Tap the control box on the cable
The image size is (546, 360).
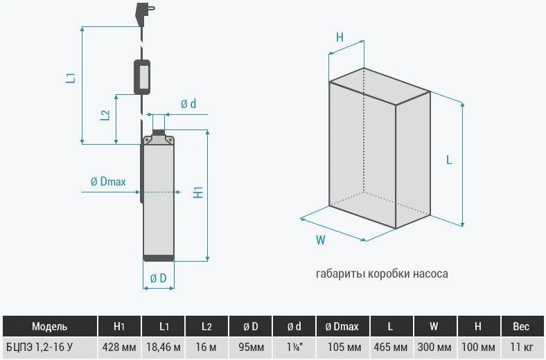(144, 76)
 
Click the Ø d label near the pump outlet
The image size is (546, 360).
(188, 104)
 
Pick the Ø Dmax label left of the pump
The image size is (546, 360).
(107, 181)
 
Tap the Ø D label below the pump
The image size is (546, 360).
(158, 278)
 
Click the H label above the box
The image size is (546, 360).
(340, 38)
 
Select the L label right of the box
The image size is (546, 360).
(449, 159)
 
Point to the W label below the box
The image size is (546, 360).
(321, 240)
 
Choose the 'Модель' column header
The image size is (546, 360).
(50, 326)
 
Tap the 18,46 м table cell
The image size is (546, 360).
(164, 347)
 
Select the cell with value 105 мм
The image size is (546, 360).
(344, 347)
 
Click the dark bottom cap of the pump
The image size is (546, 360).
(158, 258)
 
